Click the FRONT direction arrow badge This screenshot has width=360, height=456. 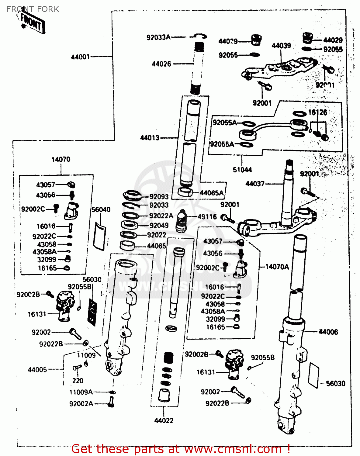[x=32, y=22]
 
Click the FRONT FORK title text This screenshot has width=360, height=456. [x=33, y=9]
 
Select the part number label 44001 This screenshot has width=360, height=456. [x=80, y=57]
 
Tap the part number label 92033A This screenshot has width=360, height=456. [x=158, y=37]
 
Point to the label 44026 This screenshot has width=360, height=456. [x=161, y=64]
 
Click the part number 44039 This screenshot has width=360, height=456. [x=281, y=46]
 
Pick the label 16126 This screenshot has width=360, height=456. [x=317, y=112]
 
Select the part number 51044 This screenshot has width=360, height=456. [x=242, y=170]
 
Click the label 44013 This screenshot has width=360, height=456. [x=150, y=138]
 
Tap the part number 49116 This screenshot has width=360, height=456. [x=207, y=217]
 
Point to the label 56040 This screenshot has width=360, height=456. [x=101, y=209]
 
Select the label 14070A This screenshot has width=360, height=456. [x=277, y=267]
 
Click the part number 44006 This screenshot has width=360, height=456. [x=328, y=332]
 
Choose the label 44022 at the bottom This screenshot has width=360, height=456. [x=164, y=420]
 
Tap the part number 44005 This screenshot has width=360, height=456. [x=37, y=370]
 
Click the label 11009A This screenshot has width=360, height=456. [x=81, y=392]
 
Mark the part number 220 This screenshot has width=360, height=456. [x=78, y=381]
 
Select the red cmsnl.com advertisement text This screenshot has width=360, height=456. [x=181, y=449]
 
